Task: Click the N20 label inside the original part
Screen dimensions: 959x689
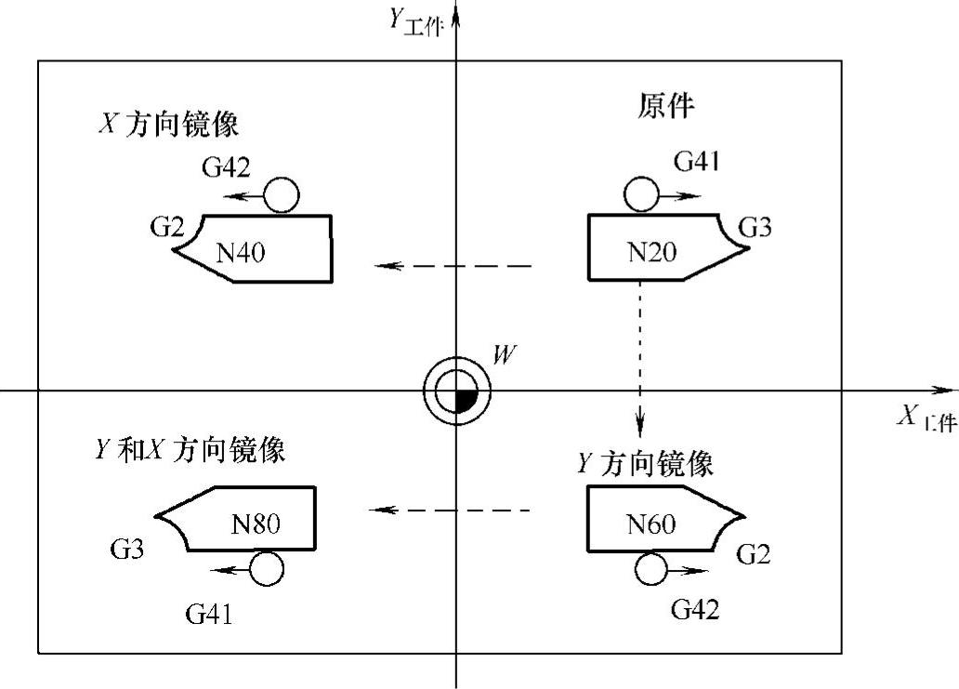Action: click(x=652, y=252)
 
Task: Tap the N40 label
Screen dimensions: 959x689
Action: click(x=241, y=252)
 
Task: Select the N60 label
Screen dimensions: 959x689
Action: click(x=651, y=523)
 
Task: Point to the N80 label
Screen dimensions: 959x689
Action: click(x=256, y=523)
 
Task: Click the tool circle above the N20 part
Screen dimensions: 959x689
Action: click(x=641, y=194)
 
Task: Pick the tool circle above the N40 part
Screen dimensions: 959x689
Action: click(x=282, y=195)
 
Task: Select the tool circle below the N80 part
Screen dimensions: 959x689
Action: click(x=267, y=568)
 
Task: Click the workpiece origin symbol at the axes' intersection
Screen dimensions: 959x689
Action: click(x=457, y=391)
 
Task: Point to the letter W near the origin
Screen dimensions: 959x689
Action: click(x=504, y=354)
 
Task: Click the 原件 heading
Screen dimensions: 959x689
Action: click(x=666, y=105)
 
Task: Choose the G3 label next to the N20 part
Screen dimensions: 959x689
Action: click(x=755, y=227)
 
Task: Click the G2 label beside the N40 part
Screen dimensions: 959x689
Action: click(x=167, y=227)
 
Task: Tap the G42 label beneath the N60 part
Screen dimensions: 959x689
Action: click(x=695, y=609)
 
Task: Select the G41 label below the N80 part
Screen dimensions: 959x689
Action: click(x=209, y=613)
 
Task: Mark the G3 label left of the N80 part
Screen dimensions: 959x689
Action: click(x=127, y=549)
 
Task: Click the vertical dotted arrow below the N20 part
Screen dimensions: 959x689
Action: click(x=639, y=359)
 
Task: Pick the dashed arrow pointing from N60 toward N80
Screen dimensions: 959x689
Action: click(x=449, y=510)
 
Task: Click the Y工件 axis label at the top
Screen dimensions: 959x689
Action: click(x=416, y=22)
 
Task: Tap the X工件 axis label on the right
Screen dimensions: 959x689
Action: click(x=926, y=417)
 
